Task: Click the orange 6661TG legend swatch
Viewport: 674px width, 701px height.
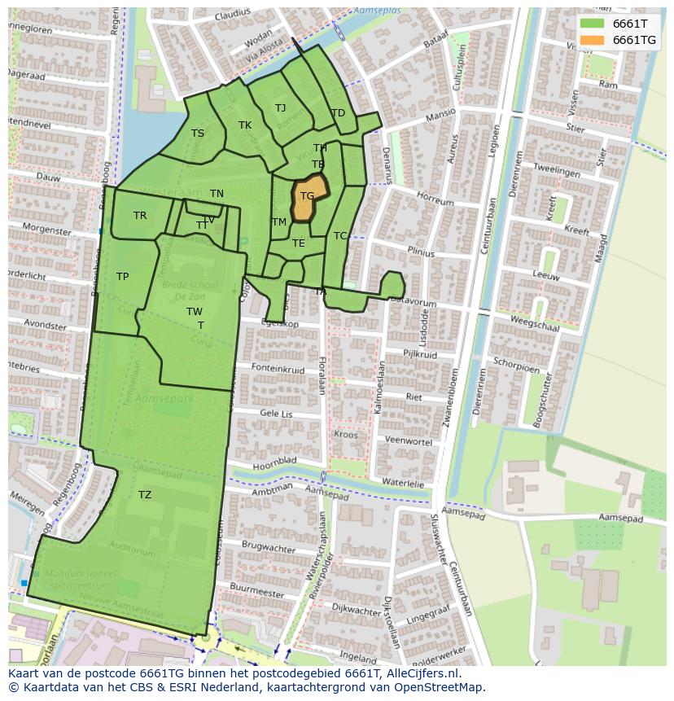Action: pos(593,40)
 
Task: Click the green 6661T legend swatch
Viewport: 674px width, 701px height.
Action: pos(593,24)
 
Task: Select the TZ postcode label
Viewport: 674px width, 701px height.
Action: pos(144,495)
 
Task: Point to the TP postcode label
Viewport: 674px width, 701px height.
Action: pos(122,277)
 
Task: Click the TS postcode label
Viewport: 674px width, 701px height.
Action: pos(198,134)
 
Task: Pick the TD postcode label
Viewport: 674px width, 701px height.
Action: pos(338,113)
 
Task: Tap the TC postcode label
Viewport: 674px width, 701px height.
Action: pos(340,236)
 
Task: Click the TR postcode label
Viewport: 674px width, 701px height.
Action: pos(140,216)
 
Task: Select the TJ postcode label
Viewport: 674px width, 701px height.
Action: pos(280,108)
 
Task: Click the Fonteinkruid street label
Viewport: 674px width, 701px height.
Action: pos(278,369)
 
